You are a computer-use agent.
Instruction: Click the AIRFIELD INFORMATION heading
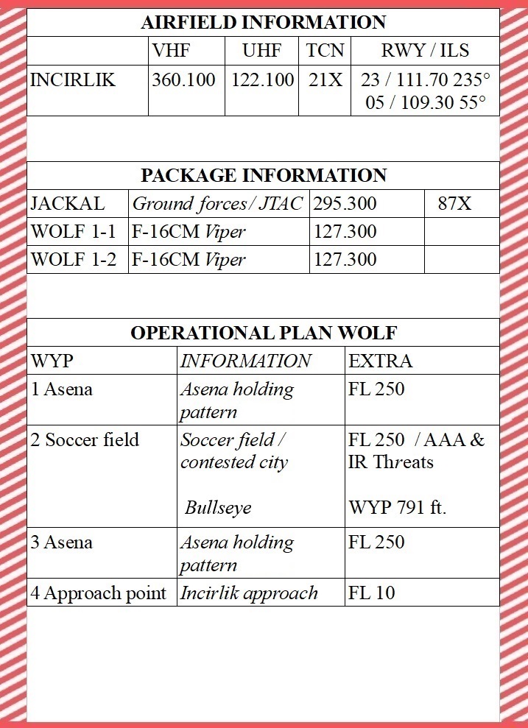pos(263,22)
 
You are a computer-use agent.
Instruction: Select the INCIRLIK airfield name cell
pos(73,79)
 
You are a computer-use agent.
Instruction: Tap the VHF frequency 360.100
pos(183,79)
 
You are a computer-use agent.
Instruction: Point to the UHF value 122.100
pos(262,79)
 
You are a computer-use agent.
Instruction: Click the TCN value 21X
pos(325,79)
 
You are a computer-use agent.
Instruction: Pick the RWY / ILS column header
pos(425,51)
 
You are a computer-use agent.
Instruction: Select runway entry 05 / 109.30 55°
pos(426,102)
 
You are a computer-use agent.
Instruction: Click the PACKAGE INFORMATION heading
pos(263,176)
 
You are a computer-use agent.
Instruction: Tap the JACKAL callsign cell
pos(68,204)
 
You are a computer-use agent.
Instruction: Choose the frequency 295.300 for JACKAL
pos(345,204)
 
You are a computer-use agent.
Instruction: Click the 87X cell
pos(454,204)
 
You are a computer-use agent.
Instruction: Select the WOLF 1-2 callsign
pos(74,260)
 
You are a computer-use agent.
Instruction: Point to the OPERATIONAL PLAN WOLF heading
pos(263,333)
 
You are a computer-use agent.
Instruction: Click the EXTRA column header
pos(380,361)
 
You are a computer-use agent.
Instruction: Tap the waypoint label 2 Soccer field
pos(85,440)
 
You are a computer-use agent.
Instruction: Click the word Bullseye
pos(218,508)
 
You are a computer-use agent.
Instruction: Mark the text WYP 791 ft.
pos(397,508)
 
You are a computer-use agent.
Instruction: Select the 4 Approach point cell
pos(99,593)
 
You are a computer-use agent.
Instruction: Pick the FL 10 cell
pos(373,593)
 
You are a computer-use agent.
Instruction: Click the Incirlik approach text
pos(249,593)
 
